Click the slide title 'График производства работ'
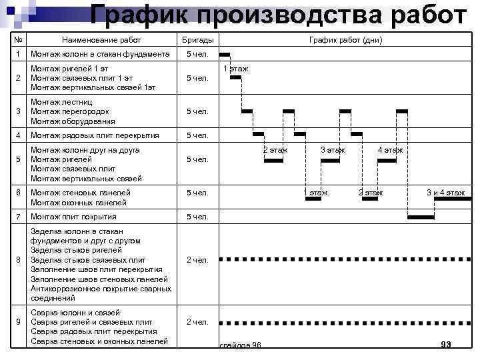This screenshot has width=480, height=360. [x=279, y=14]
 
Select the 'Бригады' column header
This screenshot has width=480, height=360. [x=197, y=40]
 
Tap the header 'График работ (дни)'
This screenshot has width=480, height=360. [x=345, y=40]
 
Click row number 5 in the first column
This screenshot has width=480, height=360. [x=19, y=160]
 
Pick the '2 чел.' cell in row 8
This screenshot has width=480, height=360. [x=197, y=260]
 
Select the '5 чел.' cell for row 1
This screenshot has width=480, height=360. [x=197, y=54]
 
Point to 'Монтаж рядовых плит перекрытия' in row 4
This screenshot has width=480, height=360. [x=95, y=135]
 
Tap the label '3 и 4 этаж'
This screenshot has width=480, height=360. [x=446, y=193]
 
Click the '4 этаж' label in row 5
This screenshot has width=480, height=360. [x=390, y=150]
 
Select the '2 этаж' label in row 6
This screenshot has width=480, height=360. [x=371, y=193]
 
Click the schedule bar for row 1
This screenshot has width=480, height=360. [x=225, y=55]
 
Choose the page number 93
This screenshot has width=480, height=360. [x=446, y=344]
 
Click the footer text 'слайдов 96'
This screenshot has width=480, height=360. [x=240, y=345]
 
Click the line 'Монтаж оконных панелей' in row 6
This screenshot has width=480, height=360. [x=79, y=203]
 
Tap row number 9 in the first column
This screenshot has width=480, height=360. [x=19, y=323]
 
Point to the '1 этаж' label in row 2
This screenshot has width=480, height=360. [x=235, y=69]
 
